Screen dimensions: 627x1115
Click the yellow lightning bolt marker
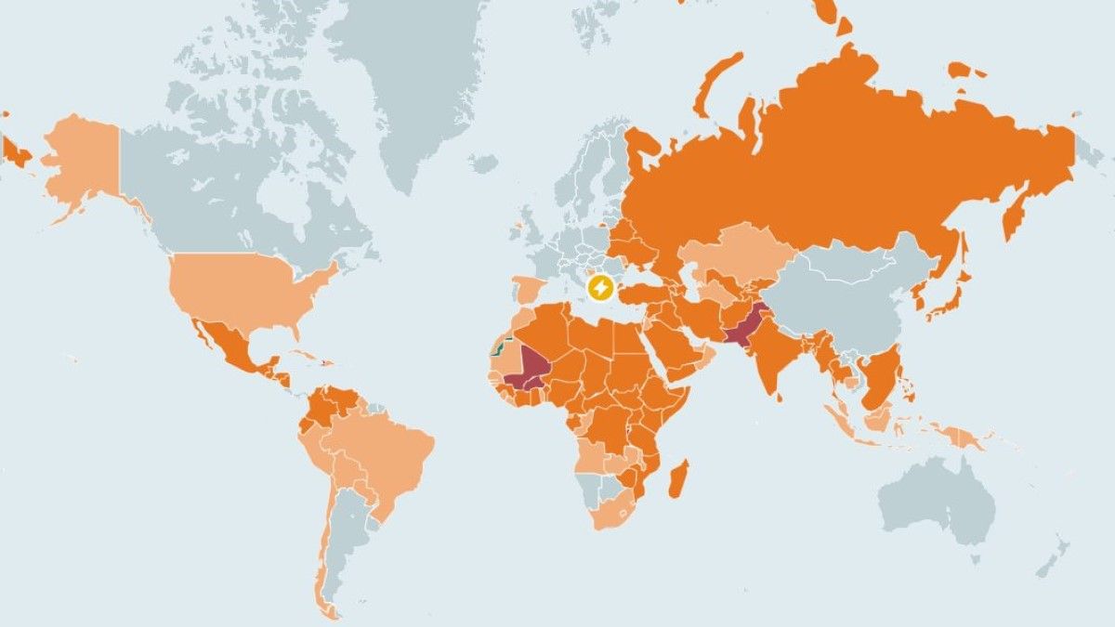click(600, 288)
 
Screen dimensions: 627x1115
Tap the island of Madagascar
click(678, 477)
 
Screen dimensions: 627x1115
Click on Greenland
click(418, 84)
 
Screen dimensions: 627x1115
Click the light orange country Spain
click(527, 289)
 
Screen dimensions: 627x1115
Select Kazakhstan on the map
click(734, 251)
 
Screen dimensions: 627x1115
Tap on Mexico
click(223, 344)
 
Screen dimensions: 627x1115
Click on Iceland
click(482, 163)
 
